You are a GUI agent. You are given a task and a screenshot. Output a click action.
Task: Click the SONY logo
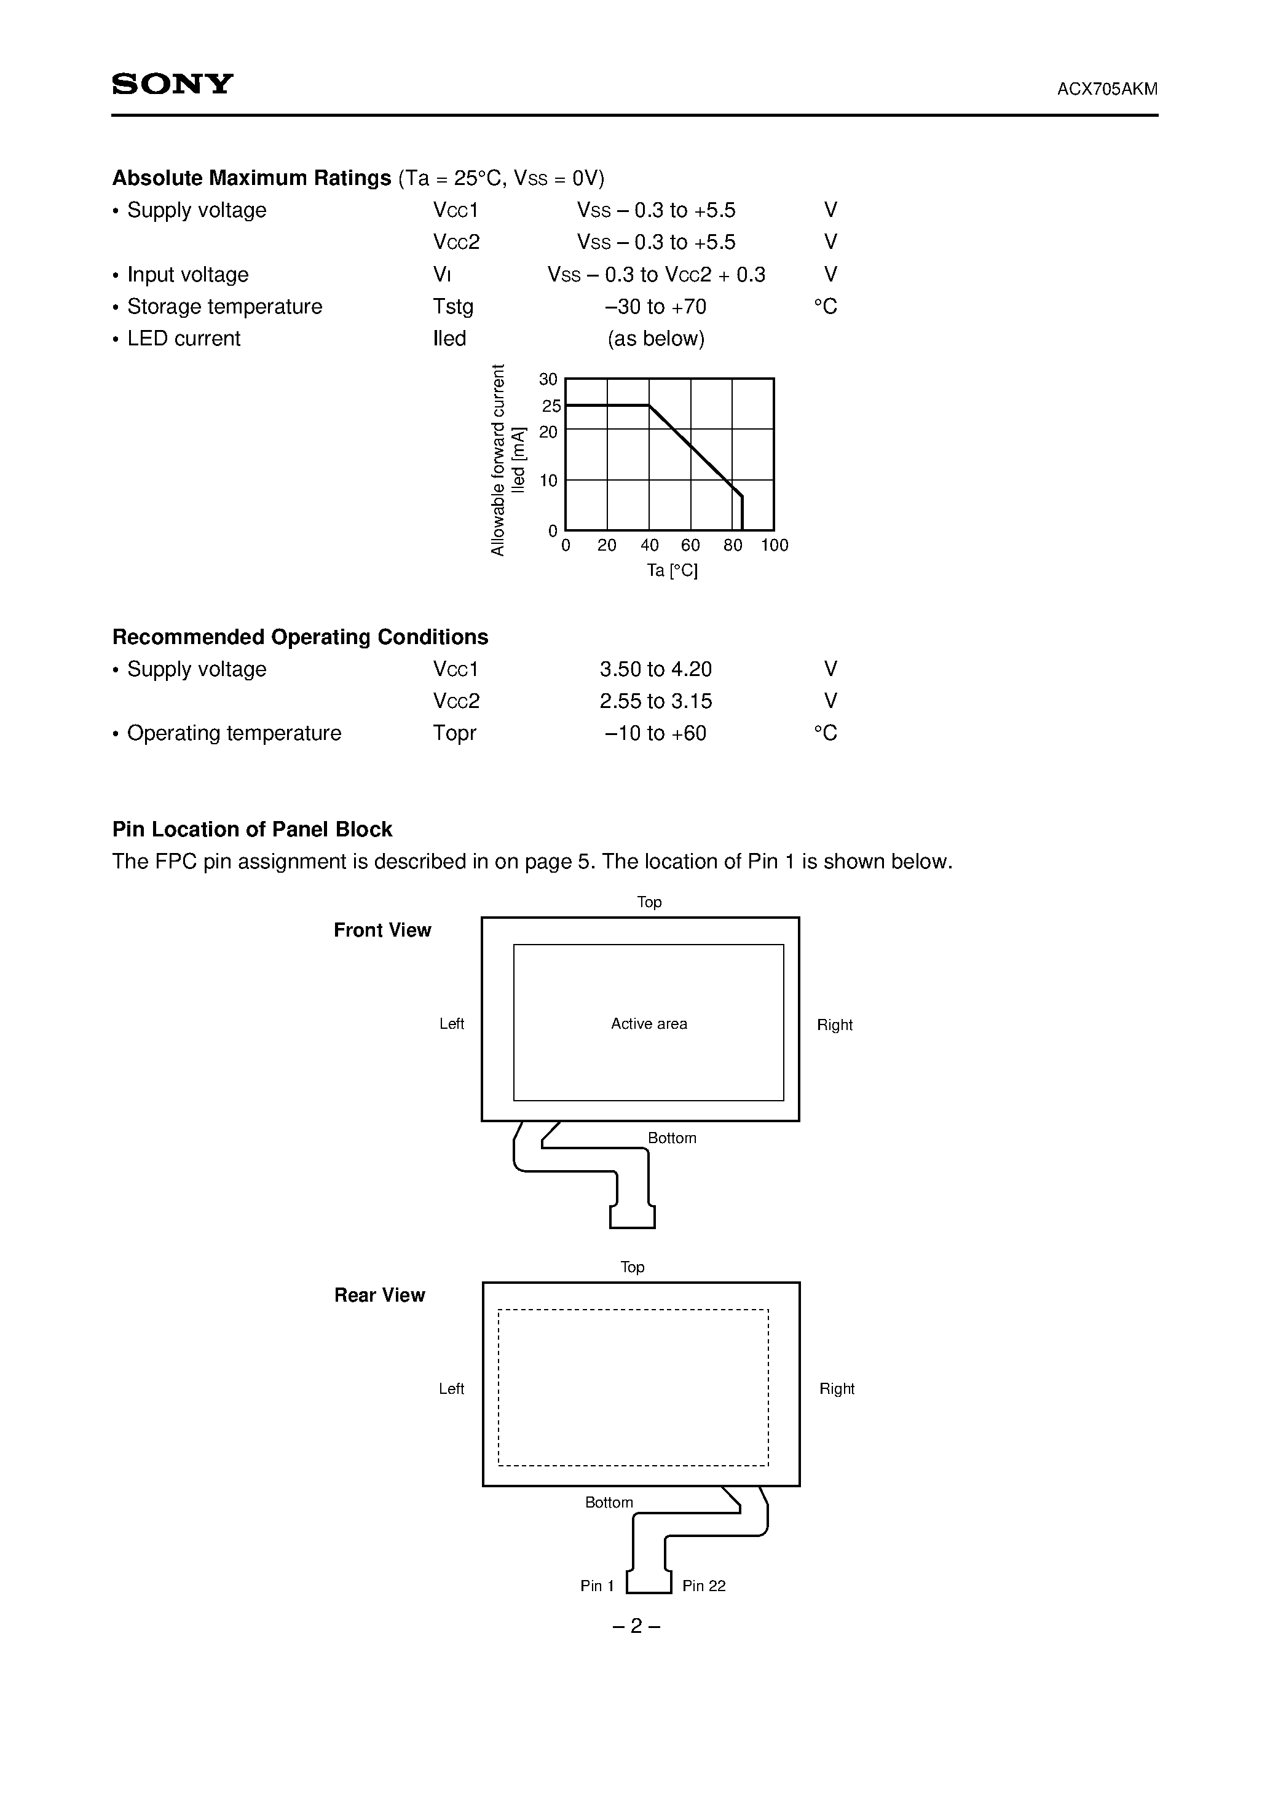pos(172,84)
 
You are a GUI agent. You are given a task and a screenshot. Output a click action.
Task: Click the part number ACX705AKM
pos(1106,89)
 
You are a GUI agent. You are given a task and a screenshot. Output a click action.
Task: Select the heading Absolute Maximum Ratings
pos(251,178)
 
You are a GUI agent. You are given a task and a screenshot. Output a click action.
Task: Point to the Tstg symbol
pos(452,307)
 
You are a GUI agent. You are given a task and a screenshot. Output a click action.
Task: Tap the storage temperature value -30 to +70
pos(655,307)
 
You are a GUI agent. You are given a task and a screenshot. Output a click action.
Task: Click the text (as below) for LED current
pos(655,339)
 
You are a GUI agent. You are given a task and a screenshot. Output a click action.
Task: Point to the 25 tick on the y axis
pos(551,406)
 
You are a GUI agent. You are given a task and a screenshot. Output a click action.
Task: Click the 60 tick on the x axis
pos(690,546)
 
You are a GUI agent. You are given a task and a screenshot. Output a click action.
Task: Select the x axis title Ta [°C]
pos(672,570)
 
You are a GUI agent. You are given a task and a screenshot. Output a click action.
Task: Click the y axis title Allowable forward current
pos(498,460)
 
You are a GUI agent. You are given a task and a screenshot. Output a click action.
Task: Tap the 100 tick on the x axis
pos(775,546)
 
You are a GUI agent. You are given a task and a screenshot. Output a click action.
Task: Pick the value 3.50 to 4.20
pos(655,670)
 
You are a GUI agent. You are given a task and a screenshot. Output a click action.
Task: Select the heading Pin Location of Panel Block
pos(252,830)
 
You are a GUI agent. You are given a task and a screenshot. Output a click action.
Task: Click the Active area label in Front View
pos(649,1024)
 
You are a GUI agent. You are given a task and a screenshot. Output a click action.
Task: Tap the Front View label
pos(382,930)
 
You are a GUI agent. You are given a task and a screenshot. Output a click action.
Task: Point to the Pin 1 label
pos(597,1586)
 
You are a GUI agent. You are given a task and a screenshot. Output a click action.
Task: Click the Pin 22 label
pos(703,1586)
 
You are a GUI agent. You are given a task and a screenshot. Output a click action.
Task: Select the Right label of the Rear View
pos(836,1389)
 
